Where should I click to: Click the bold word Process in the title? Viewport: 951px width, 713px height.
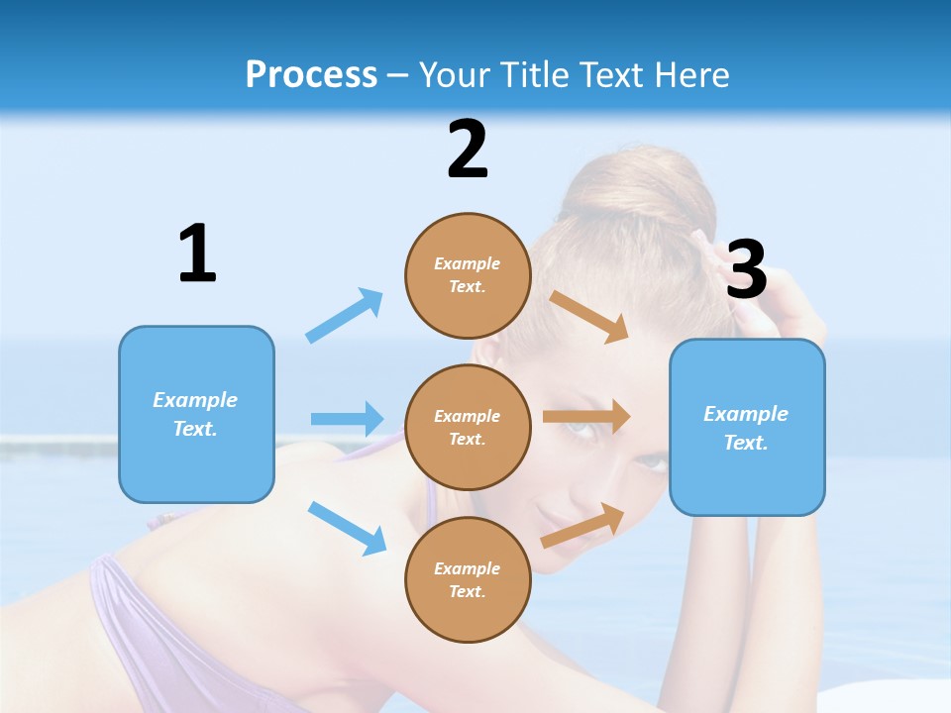click(x=311, y=74)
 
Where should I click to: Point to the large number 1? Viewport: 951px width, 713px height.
click(x=197, y=254)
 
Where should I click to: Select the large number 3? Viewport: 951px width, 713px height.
click(x=747, y=269)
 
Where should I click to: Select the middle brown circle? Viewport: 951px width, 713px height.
click(x=468, y=427)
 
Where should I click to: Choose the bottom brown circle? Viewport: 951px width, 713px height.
click(x=468, y=579)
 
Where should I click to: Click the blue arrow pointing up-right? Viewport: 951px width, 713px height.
click(x=345, y=315)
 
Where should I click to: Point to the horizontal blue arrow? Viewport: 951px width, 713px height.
click(x=347, y=419)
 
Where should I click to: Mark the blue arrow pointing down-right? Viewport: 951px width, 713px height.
click(x=347, y=528)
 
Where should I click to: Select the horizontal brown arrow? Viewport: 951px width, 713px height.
click(x=586, y=417)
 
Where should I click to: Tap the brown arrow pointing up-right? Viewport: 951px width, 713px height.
click(x=583, y=526)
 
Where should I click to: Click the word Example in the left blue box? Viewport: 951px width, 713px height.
click(x=195, y=400)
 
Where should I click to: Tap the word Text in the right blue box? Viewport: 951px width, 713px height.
click(x=745, y=443)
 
